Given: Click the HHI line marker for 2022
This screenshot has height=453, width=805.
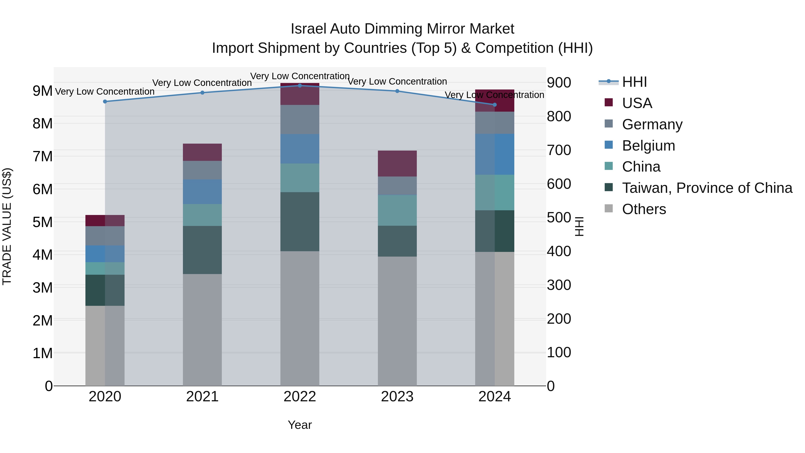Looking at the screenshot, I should [300, 85].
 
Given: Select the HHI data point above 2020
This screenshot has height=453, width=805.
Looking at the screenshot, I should [105, 101].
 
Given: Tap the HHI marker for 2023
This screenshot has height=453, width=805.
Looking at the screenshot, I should [397, 91].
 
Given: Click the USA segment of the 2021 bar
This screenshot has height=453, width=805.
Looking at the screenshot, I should [202, 152].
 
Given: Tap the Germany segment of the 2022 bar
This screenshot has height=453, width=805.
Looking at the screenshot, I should [300, 119].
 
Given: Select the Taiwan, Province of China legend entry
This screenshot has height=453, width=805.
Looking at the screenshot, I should [707, 188].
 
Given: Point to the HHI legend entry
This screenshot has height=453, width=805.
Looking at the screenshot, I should [634, 82].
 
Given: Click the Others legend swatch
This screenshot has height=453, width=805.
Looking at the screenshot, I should [608, 208].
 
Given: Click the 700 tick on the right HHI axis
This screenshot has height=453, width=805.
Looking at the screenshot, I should [559, 150].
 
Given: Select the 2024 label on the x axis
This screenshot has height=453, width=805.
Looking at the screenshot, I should [494, 396].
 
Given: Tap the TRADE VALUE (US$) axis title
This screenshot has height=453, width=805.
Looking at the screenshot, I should [7, 226].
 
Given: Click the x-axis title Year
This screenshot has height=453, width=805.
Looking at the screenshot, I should [300, 425].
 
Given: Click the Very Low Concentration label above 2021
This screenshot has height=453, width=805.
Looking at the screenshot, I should [202, 83].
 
